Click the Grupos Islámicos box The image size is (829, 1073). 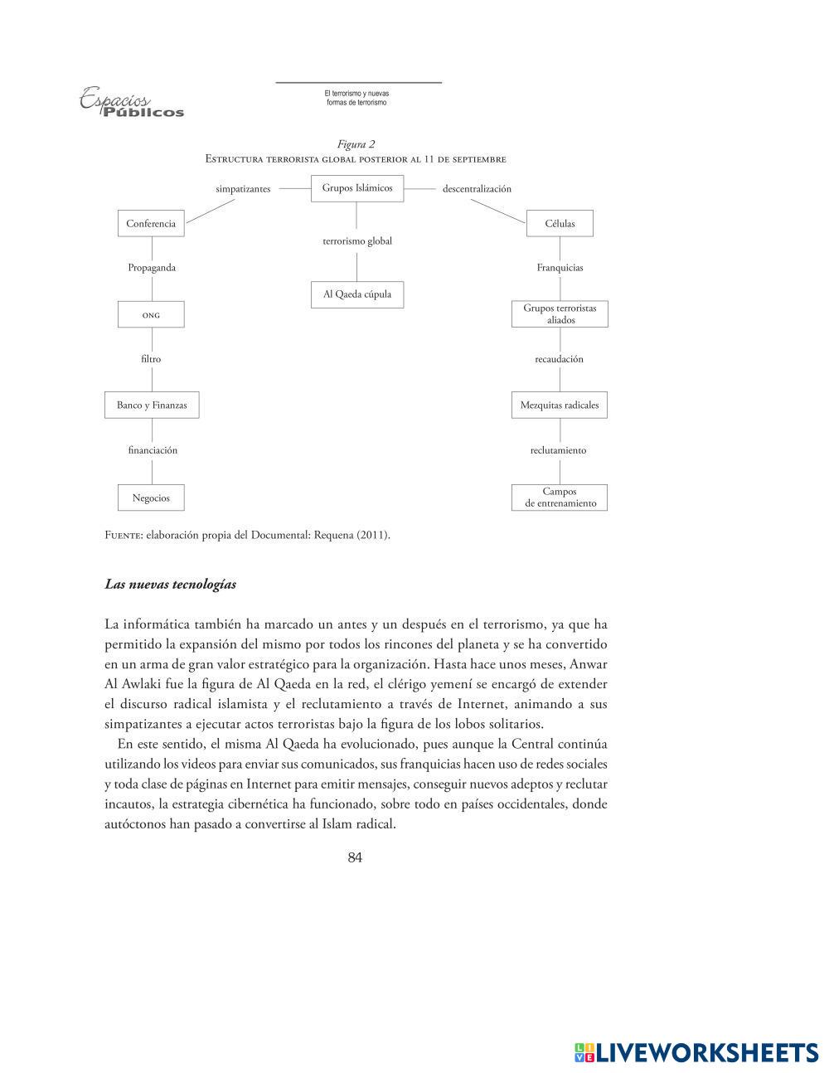(x=357, y=188)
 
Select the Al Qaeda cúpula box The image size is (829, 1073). (x=357, y=294)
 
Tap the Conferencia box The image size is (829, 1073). (x=151, y=224)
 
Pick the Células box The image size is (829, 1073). (x=560, y=224)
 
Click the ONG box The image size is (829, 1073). (x=151, y=315)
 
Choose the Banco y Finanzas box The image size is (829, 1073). (x=152, y=405)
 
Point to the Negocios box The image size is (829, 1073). (x=151, y=498)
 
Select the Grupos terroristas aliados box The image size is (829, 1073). (x=560, y=314)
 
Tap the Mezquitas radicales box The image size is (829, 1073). (x=560, y=405)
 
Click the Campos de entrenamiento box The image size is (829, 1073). (x=560, y=498)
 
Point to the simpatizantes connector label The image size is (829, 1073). (x=243, y=189)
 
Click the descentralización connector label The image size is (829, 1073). (x=477, y=189)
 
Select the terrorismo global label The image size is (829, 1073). (x=357, y=241)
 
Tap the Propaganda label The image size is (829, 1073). (x=152, y=268)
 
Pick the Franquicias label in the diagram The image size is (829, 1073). (x=560, y=268)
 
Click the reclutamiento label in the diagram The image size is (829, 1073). (x=558, y=450)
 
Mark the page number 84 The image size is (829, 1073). (x=355, y=857)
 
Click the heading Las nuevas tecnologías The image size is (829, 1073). (x=170, y=585)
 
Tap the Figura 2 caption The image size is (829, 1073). (x=356, y=144)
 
